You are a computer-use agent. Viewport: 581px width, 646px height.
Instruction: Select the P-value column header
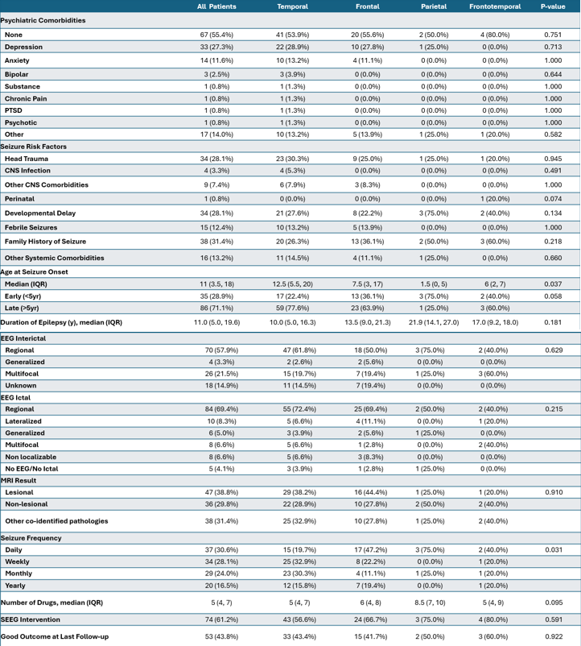554,6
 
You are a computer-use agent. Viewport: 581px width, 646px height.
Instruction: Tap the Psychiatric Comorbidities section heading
43,19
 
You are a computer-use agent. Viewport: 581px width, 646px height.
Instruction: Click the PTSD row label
14,110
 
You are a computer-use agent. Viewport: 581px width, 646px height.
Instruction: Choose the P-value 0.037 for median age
554,284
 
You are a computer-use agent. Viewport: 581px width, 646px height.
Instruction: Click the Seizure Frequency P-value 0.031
554,549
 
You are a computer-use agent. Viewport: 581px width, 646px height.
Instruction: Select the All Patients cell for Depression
216,48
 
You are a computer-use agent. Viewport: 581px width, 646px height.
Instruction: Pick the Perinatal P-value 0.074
554,197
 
